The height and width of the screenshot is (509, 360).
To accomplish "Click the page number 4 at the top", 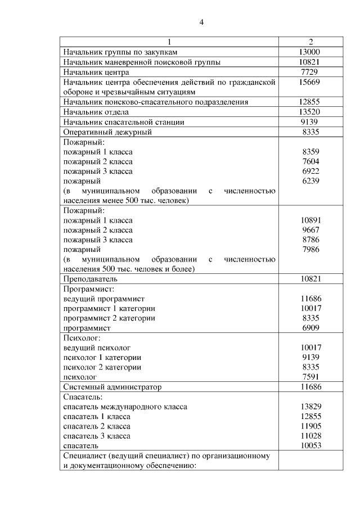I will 201,22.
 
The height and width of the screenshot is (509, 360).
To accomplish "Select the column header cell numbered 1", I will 169,42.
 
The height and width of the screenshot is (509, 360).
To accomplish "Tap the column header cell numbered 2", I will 310,42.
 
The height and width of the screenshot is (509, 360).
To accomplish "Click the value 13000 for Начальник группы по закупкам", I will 310,52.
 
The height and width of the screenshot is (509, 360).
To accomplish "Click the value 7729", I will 310,73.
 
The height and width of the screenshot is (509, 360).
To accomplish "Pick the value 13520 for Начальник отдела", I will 310,112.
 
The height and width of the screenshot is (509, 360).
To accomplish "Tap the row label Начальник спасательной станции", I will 124,122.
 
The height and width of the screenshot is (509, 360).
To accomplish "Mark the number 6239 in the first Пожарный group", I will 310,182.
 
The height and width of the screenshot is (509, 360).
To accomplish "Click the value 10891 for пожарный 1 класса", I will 310,220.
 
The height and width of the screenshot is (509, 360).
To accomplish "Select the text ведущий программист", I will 104,299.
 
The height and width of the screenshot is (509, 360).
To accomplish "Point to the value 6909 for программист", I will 310,328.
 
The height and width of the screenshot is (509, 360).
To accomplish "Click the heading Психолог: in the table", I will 82,338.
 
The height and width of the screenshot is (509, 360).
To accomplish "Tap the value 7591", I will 310,377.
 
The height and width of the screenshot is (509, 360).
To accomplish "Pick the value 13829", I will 310,407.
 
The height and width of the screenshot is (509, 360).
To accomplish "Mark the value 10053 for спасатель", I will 310,445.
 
